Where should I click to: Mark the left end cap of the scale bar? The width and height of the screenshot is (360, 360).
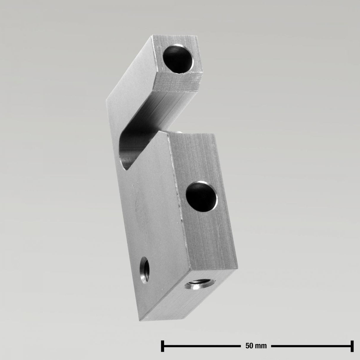coord(163,345)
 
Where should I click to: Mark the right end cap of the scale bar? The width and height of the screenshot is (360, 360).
coord(352,345)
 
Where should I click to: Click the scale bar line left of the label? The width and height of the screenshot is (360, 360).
coord(202,345)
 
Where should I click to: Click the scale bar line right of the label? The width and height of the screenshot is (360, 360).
coord(311,345)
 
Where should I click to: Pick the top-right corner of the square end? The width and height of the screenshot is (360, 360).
coord(198,36)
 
